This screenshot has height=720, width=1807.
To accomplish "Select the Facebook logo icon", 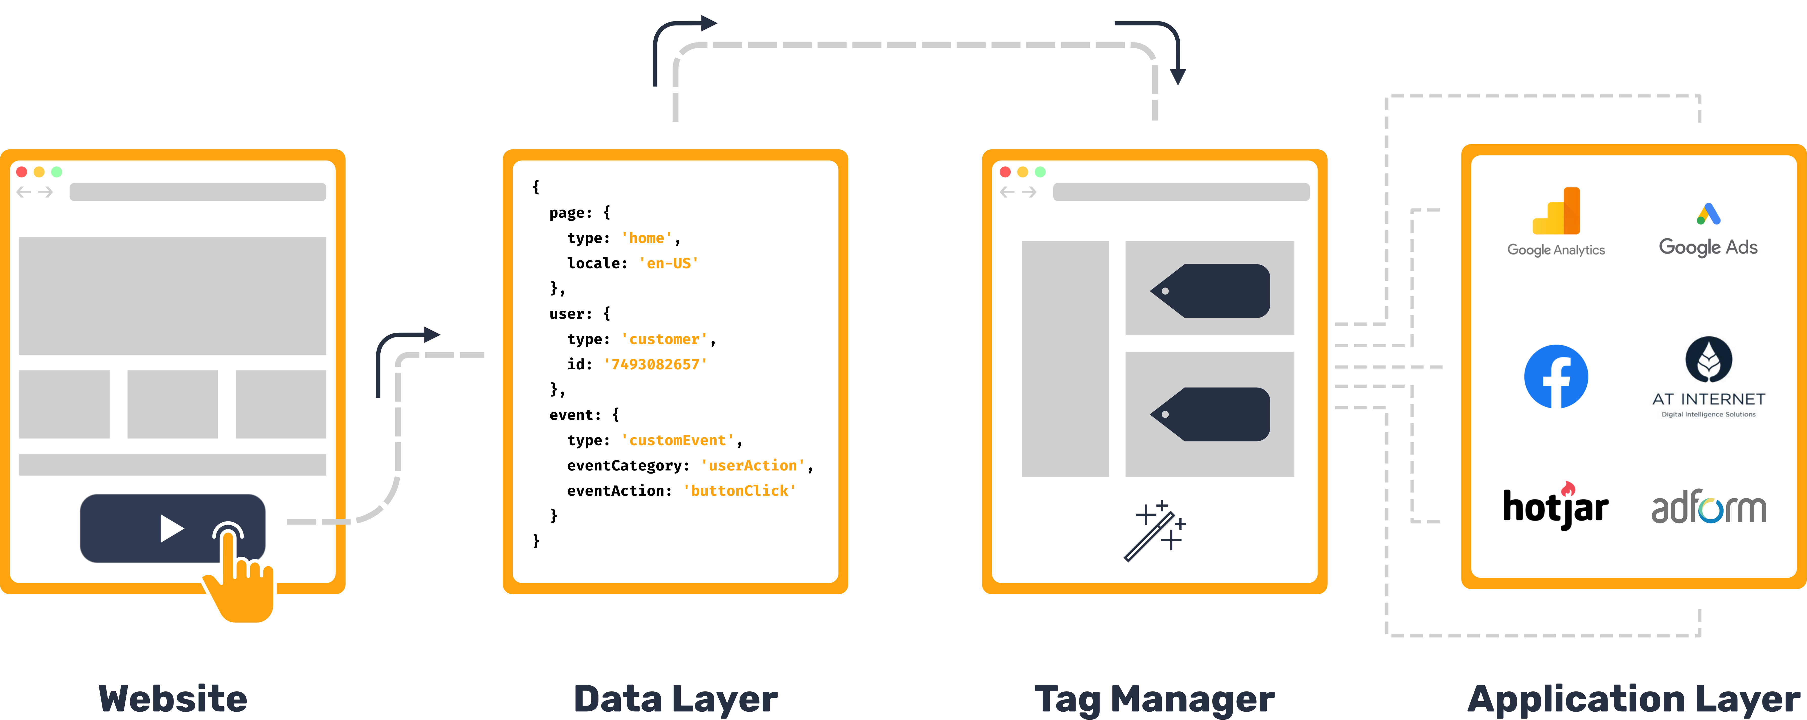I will point(1556,376).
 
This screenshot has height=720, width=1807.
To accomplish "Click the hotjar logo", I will point(1555,506).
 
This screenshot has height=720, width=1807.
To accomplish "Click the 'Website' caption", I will point(173,699).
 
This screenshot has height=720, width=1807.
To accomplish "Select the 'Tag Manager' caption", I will point(1154,699).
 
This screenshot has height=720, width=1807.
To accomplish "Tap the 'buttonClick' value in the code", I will point(739,491).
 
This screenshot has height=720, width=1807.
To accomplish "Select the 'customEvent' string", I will point(678,440).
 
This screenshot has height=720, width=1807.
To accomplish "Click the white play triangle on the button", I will point(170,529).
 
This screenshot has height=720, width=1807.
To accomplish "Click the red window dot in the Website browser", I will point(22,172).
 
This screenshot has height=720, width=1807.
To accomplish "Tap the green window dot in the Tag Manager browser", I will point(1040,172).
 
